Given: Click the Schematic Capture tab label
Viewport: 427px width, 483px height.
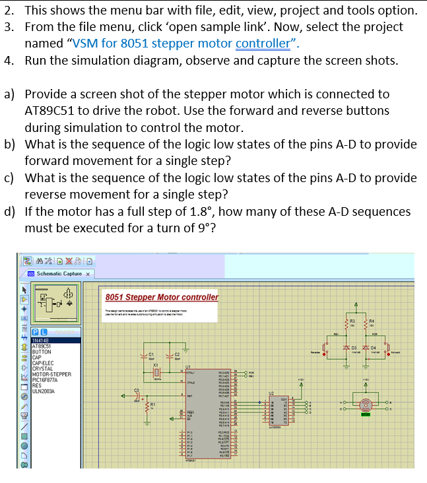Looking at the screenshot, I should [x=59, y=273].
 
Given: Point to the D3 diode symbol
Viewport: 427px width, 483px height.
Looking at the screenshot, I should [x=345, y=348].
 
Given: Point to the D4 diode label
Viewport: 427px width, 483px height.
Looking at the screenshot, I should [x=374, y=347].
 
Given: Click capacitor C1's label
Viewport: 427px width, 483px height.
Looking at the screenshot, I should [x=150, y=354].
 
